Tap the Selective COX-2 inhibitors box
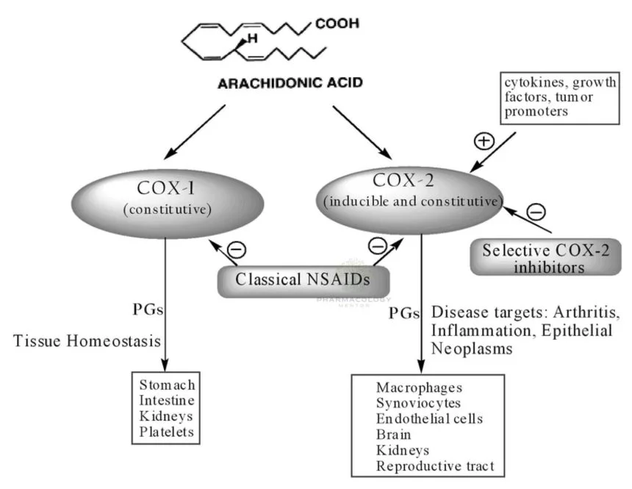[x=545, y=258]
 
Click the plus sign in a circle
[x=483, y=140]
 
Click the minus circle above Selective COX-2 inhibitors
[x=536, y=213]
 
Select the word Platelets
[x=168, y=432]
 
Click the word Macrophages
[x=417, y=388]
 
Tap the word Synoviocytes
[x=418, y=403]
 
